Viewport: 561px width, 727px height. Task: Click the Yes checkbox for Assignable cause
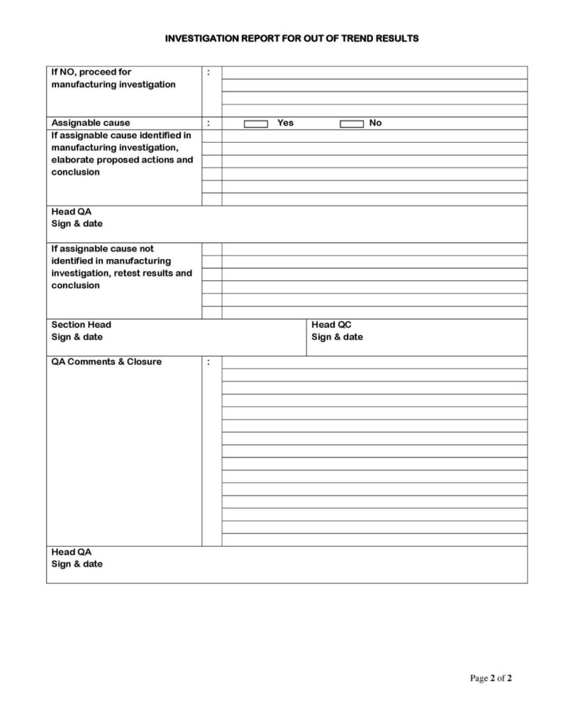click(256, 124)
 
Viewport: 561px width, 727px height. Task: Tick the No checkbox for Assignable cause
click(352, 124)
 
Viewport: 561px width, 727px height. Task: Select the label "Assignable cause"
click(91, 123)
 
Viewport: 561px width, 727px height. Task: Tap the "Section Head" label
click(81, 324)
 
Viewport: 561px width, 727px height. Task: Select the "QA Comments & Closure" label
click(106, 361)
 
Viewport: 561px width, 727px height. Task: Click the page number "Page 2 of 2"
click(491, 679)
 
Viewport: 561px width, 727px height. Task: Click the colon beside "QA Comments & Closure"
click(209, 362)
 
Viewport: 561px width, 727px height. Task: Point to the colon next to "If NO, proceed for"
click(209, 72)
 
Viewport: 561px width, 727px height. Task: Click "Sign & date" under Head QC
click(337, 337)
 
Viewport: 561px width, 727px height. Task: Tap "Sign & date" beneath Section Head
click(77, 337)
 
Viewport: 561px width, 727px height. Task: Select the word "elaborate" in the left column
click(72, 160)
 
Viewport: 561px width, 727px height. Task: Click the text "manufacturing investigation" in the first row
click(113, 84)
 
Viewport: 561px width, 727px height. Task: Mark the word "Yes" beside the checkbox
click(285, 123)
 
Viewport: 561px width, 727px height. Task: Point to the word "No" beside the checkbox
click(375, 123)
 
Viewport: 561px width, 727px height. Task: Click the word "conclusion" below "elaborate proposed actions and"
click(76, 173)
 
